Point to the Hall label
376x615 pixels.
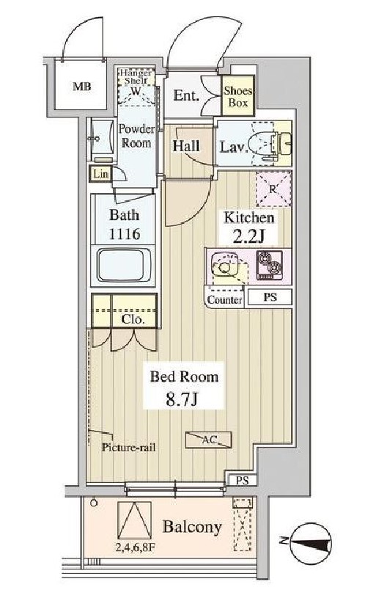(x=187, y=145)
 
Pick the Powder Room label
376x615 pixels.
(x=136, y=136)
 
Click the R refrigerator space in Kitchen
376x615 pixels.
(x=272, y=188)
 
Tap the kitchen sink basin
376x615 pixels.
(x=226, y=268)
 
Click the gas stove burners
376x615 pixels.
(x=268, y=266)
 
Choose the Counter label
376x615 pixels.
(x=224, y=299)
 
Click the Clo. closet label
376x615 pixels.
(x=133, y=320)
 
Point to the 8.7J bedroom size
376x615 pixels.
(x=184, y=401)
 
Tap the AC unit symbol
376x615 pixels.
(x=210, y=440)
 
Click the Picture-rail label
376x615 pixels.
(x=128, y=447)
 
